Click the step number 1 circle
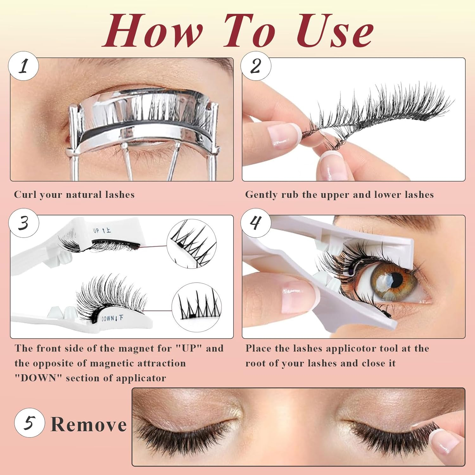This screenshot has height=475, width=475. [23, 66]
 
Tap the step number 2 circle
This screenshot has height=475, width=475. [256, 66]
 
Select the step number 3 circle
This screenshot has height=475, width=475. [23, 223]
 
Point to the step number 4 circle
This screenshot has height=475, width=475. [256, 223]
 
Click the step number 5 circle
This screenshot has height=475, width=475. [29, 423]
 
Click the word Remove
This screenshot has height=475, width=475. [89, 425]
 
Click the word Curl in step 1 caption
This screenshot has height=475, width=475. [25, 194]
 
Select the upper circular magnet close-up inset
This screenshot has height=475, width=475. [191, 244]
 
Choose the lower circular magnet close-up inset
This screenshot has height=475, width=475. [196, 307]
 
